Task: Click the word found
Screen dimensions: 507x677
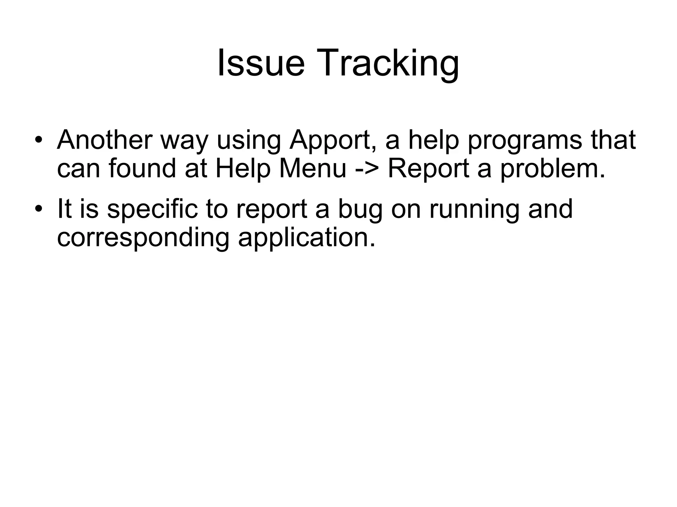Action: (142, 168)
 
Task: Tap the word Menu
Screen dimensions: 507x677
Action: (312, 168)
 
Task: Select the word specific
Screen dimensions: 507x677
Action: (152, 210)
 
